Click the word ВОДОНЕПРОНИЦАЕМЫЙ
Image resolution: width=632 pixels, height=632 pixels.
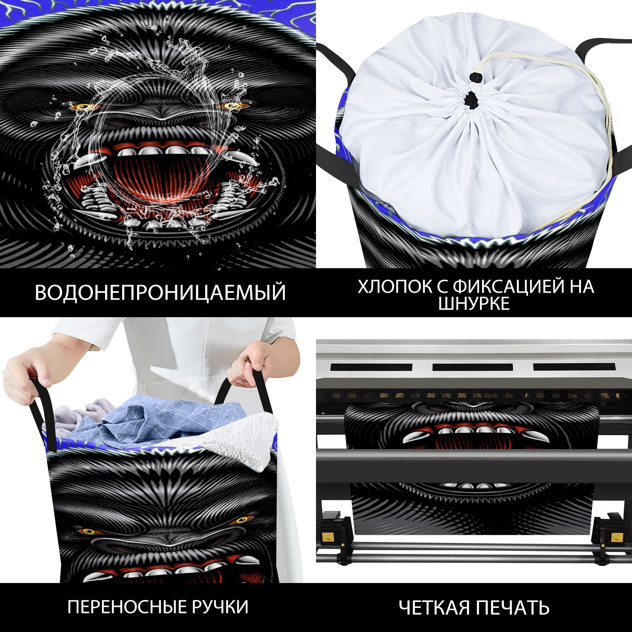coord(160,293)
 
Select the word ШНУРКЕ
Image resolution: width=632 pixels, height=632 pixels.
coord(474,303)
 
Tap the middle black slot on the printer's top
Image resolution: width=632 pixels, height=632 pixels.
coord(472,367)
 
